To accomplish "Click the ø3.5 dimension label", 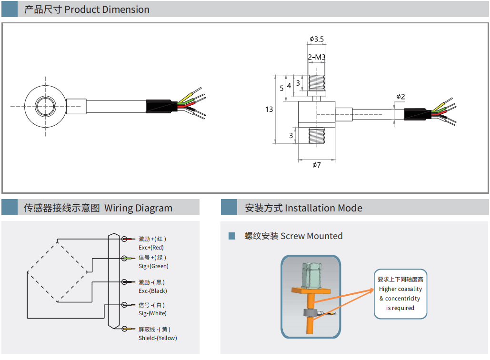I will [317, 39].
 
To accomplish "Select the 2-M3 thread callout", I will [317, 58].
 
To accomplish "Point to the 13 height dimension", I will [269, 109].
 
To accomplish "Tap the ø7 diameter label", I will [317, 165].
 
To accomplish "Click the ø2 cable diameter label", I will [400, 97].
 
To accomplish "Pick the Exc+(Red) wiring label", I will [151, 248].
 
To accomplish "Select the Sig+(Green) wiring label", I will [153, 266].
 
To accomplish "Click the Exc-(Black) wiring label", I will [152, 291].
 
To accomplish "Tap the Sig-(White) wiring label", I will [152, 313].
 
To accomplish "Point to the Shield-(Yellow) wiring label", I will [158, 338].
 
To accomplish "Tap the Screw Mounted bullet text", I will [293, 236].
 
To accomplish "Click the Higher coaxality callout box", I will [400, 293].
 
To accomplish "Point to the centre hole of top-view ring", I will [45, 106].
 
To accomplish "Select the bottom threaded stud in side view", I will [317, 135].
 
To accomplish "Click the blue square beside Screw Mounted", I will [232, 236].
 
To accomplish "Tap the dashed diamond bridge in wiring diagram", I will [57, 271].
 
